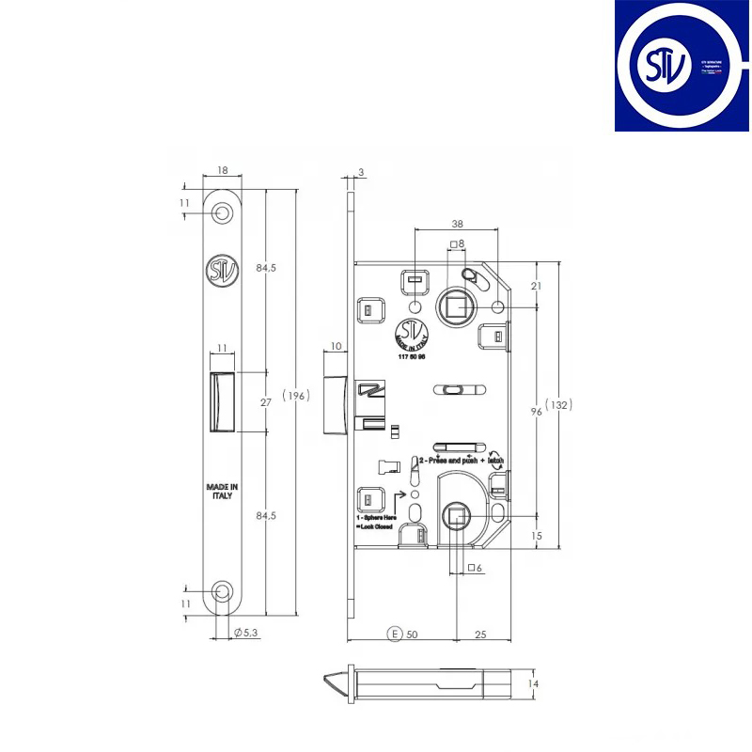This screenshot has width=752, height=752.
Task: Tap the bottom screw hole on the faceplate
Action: click(222, 591)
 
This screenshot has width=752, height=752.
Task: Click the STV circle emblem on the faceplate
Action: click(217, 271)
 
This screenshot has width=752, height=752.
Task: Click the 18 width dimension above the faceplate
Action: click(222, 171)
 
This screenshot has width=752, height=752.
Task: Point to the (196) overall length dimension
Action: click(295, 396)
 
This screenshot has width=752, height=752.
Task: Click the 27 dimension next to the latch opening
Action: click(266, 402)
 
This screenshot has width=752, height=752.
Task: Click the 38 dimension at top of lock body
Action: click(456, 225)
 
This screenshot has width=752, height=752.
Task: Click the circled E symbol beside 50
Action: click(396, 634)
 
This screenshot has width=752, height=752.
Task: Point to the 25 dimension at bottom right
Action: click(479, 634)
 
